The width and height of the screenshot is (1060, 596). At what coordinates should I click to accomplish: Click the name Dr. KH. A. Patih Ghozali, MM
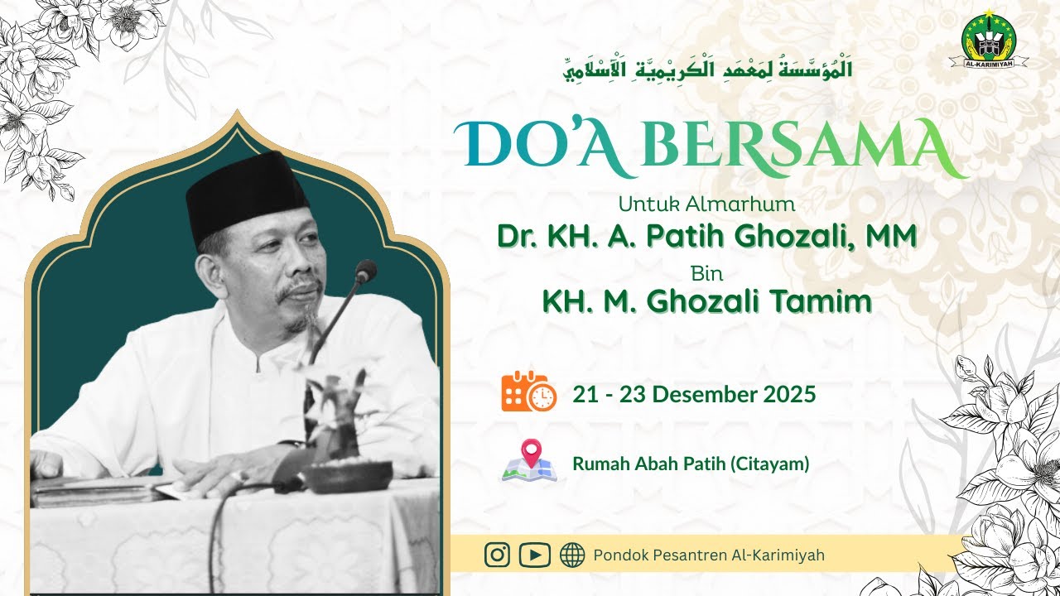coord(706,236)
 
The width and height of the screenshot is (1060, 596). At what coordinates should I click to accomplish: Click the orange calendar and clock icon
coord(528,392)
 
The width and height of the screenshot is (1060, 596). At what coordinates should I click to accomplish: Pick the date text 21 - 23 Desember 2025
coord(694,394)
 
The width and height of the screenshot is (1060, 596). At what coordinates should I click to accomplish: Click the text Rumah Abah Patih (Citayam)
coord(691,464)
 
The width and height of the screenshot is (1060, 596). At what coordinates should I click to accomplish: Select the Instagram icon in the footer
coord(497,555)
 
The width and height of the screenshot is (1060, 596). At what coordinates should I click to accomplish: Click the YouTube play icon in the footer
coord(535,555)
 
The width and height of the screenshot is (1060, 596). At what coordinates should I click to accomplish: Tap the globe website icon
coord(572,555)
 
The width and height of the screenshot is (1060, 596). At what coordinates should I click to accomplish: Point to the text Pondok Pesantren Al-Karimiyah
coord(709,555)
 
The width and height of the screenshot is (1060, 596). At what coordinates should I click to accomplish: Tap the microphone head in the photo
coord(365,271)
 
